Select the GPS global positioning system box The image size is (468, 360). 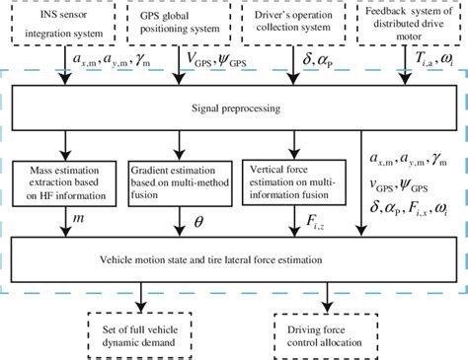click(x=181, y=24)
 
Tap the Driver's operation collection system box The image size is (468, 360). click(x=297, y=24)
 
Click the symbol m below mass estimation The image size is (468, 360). click(x=77, y=215)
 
